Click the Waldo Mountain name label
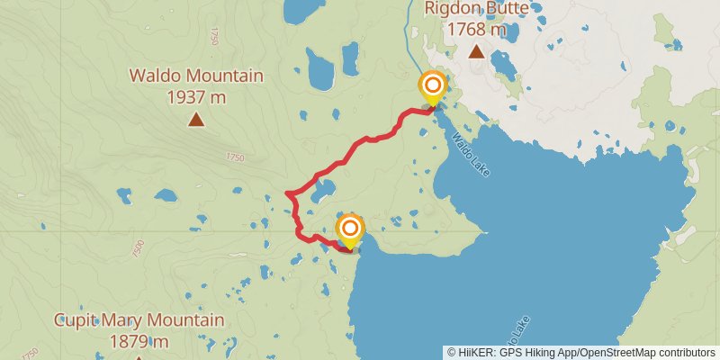[196, 76]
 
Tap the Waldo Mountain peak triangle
[195, 119]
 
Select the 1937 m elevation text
[196, 95]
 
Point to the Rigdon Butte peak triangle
[476, 52]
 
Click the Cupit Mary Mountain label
[139, 320]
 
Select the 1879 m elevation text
[139, 341]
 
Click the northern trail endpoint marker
[433, 86]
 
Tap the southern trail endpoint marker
[350, 229]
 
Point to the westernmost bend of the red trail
[285, 193]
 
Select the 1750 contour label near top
[213, 37]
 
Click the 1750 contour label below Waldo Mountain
[235, 157]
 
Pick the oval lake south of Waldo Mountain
[165, 193]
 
